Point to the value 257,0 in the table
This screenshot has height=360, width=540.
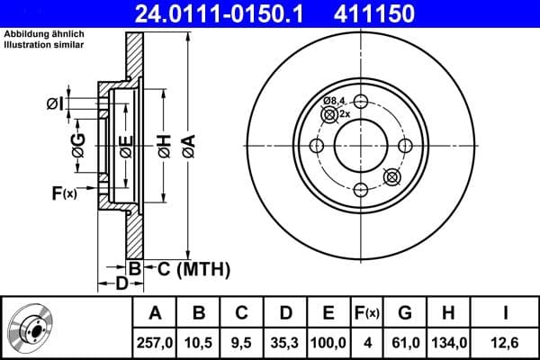pos(155,342)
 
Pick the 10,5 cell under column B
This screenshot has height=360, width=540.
pos(199,342)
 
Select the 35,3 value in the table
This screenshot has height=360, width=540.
pos(285,342)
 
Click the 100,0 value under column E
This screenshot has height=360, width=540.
pos(328,342)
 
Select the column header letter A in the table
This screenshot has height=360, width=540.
pos(155,313)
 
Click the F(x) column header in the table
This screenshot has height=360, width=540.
pos(366,313)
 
